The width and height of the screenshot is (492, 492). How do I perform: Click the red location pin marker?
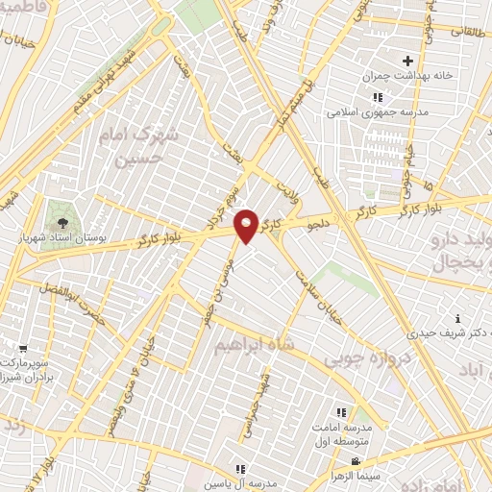[x=247, y=225]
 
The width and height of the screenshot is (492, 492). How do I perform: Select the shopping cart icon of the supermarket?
[x=22, y=350]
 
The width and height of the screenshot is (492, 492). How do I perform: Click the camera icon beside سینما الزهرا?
[x=382, y=460]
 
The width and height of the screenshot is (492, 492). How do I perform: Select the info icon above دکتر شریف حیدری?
[x=457, y=318]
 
